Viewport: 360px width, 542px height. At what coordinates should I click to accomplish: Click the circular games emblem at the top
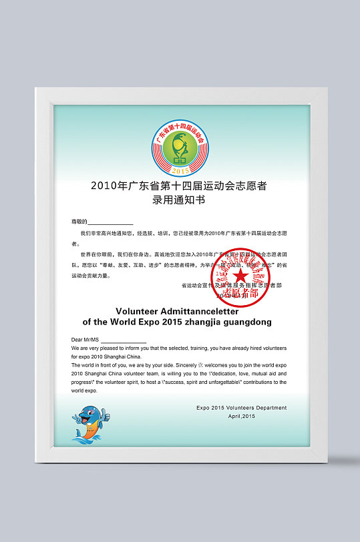179,145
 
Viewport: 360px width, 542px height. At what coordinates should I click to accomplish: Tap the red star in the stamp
240,275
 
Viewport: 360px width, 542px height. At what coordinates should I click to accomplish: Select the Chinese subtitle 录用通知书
179,199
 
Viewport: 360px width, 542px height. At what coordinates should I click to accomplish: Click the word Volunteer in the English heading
141,310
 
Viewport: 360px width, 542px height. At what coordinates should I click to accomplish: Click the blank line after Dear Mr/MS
124,340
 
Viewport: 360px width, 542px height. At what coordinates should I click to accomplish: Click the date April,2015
242,416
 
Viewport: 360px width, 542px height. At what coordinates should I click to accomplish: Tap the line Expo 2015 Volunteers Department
241,407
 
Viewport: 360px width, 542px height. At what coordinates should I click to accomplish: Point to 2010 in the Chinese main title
103,186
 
